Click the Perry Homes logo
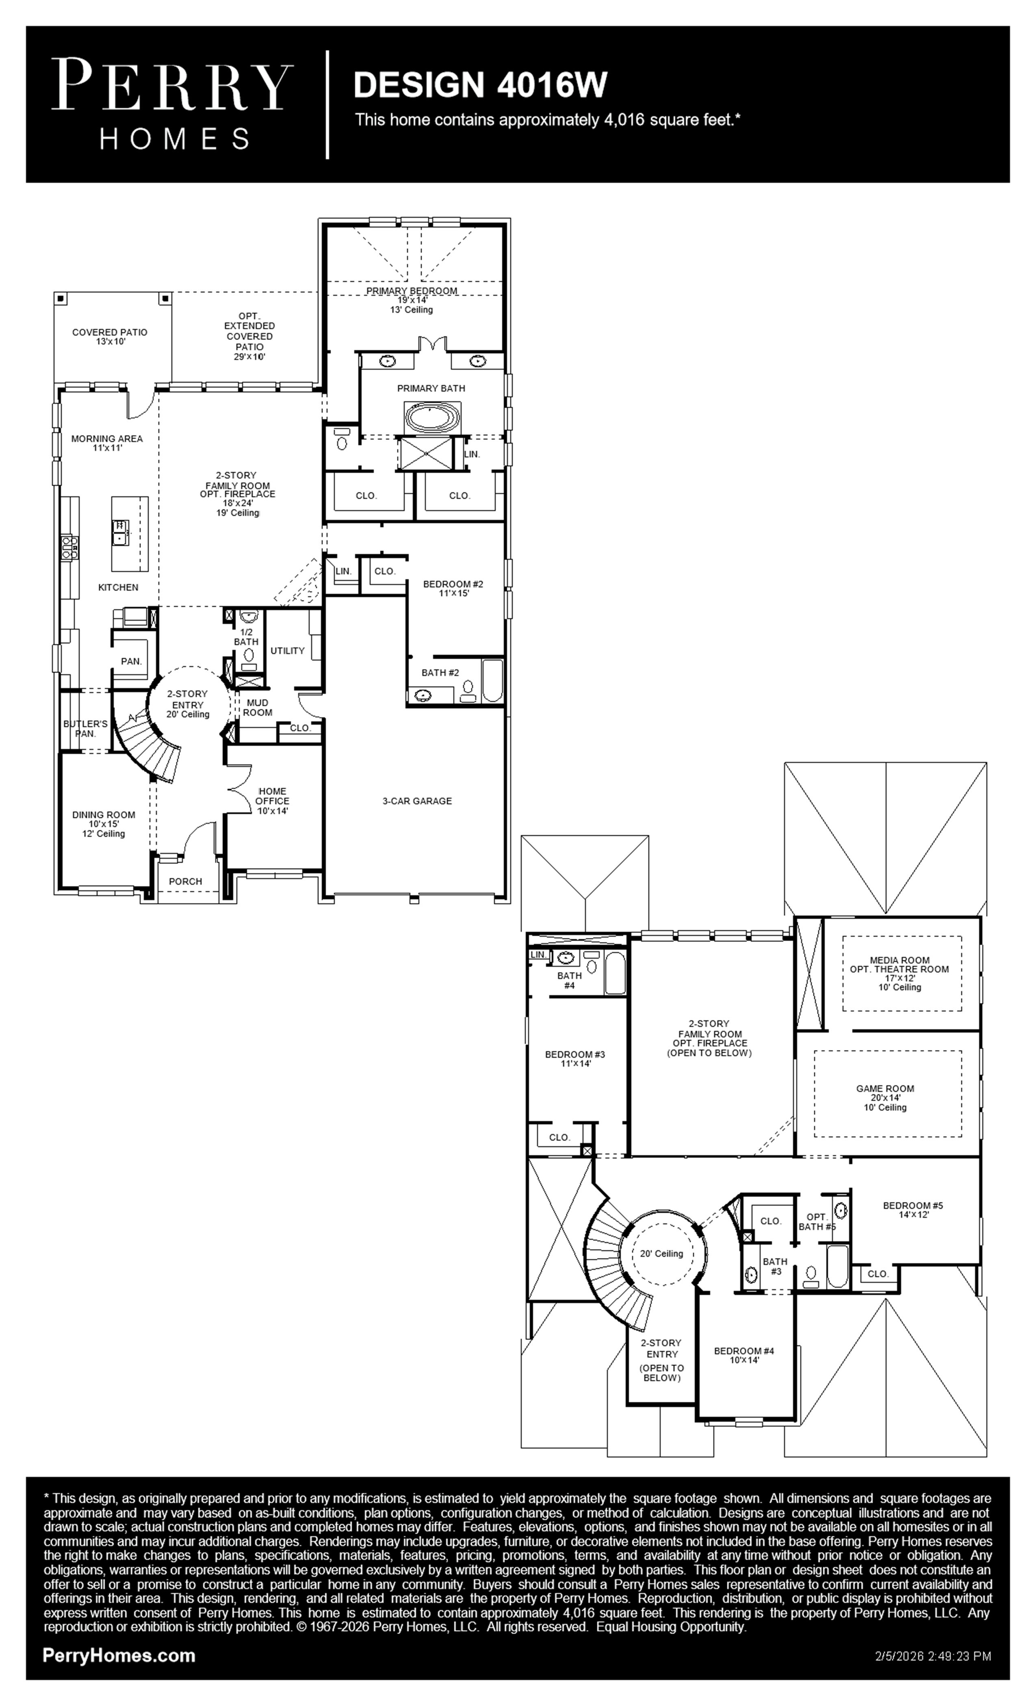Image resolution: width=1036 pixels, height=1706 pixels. click(172, 104)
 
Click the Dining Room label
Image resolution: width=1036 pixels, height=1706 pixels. click(104, 824)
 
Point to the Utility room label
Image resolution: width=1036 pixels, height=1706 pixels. click(287, 650)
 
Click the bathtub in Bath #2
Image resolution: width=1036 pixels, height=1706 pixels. click(492, 681)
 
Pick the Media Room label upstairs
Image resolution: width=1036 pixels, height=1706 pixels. click(899, 974)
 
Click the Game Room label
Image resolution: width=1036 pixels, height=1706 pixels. click(885, 1098)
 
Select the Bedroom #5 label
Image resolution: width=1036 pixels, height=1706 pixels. click(913, 1210)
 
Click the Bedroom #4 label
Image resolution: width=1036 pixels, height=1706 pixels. click(744, 1355)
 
